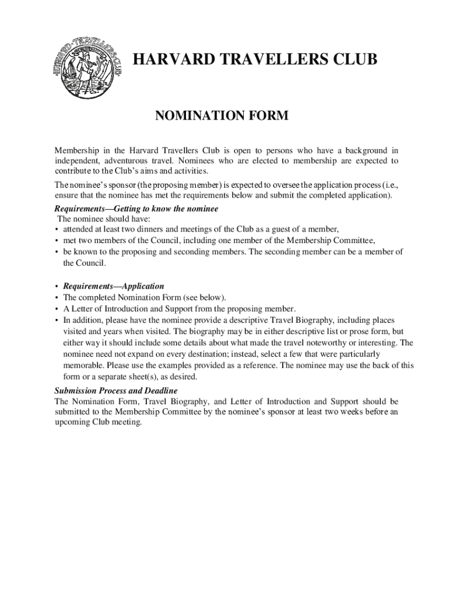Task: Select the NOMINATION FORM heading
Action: coord(221,117)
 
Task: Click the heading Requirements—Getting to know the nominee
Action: coord(136,209)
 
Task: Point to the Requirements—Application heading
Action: coord(114,286)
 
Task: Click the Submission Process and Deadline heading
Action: coord(116,391)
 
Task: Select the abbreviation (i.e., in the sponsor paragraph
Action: coord(387,185)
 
